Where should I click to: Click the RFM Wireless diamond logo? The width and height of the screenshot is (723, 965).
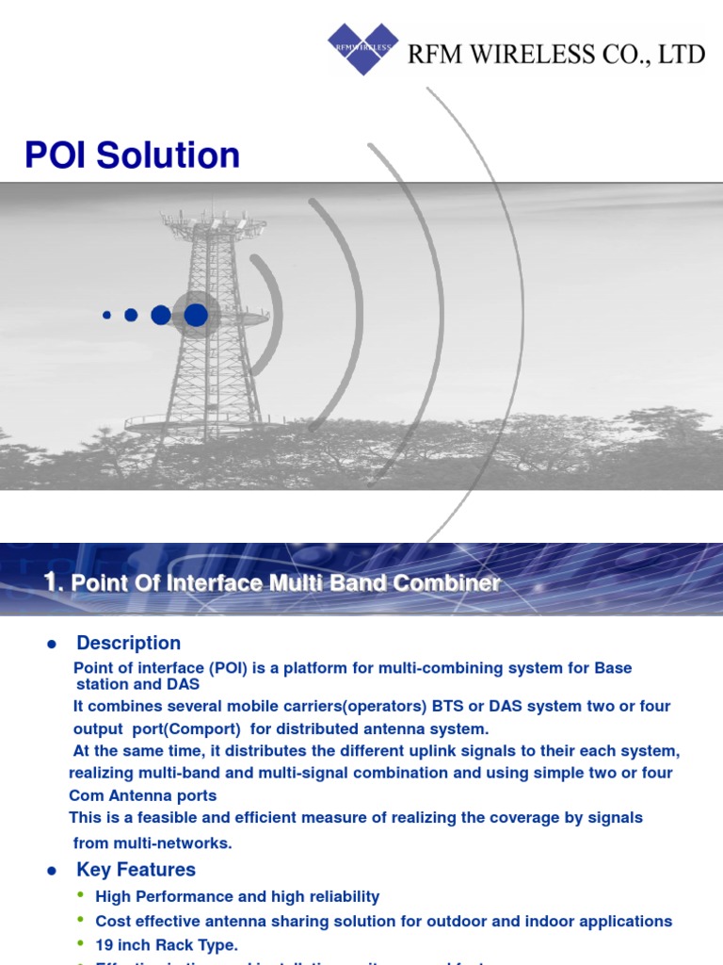[x=362, y=48]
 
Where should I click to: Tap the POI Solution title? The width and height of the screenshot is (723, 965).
[x=132, y=155]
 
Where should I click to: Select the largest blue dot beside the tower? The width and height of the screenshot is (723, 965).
[x=196, y=315]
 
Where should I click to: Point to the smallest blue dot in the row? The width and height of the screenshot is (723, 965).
[x=106, y=315]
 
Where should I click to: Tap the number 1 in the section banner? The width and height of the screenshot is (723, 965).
[x=52, y=582]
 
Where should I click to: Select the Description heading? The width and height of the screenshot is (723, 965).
[x=128, y=644]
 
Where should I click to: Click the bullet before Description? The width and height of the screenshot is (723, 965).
[x=53, y=645]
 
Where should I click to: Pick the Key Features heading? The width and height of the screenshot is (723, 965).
[x=136, y=870]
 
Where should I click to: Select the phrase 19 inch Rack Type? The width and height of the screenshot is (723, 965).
[x=167, y=944]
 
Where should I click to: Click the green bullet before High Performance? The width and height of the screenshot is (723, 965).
[x=81, y=895]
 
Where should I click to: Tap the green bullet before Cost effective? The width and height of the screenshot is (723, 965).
[x=81, y=920]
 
